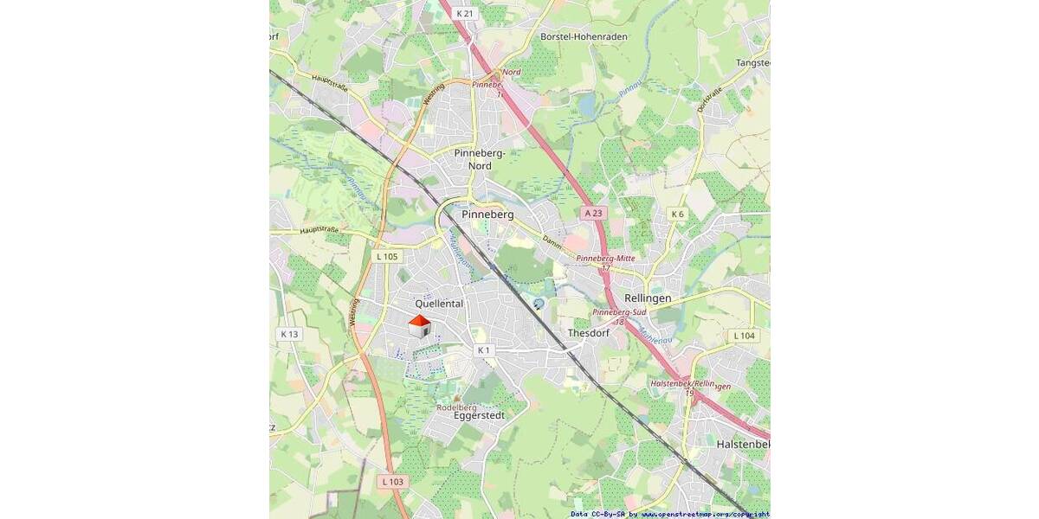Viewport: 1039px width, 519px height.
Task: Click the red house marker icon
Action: (419, 326)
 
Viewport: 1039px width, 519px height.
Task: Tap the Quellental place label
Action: (439, 304)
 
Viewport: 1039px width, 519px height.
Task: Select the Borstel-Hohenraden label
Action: (584, 37)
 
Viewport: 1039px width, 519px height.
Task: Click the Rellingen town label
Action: (648, 298)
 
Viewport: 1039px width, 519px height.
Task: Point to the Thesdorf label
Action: (588, 333)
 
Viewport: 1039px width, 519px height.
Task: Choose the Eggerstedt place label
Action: (479, 415)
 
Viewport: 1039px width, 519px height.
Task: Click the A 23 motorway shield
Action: (593, 213)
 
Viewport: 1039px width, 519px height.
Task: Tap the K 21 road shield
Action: (465, 13)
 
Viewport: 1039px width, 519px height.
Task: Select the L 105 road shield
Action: (387, 257)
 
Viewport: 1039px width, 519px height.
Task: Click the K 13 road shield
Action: (288, 334)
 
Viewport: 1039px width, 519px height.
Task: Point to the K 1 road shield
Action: (483, 350)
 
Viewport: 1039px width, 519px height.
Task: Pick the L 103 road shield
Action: (391, 481)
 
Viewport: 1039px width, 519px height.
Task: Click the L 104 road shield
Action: (743, 336)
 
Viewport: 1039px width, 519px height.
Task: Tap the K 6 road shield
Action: (677, 214)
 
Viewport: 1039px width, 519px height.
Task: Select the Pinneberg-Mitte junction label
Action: (605, 259)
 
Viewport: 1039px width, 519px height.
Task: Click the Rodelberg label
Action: (456, 407)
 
